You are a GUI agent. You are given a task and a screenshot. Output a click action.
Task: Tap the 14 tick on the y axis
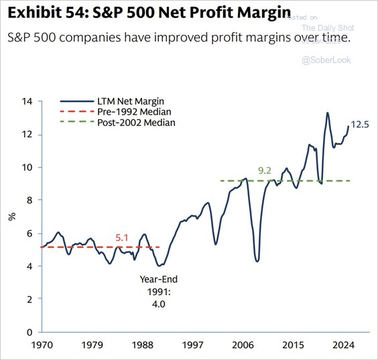pos(27,102)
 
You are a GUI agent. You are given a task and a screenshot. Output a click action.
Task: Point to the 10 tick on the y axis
pos(27,168)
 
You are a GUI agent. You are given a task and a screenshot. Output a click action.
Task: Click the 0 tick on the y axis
pos(30,333)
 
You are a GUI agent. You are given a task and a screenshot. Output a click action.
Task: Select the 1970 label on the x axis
pos(42,347)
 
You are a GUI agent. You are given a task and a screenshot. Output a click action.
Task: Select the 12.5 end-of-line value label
pos(359,124)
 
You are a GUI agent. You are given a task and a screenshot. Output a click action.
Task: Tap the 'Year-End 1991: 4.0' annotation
pos(159,291)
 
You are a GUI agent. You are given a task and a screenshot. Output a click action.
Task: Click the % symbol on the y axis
pos(11,216)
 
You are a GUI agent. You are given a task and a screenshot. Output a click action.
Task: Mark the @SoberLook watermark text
pos(328,60)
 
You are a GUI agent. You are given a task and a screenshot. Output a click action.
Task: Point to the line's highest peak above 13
pos(327,113)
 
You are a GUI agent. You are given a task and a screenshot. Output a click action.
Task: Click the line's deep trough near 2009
pos(257,260)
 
